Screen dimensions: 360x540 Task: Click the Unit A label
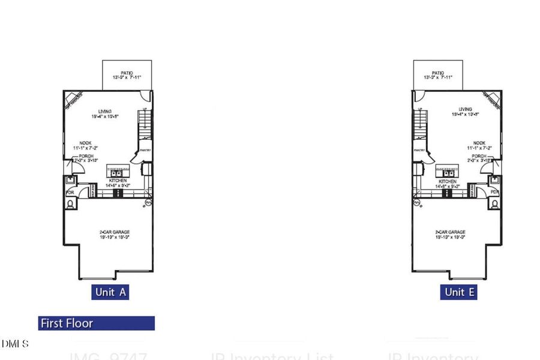tap(111, 292)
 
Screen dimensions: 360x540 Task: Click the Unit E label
tap(459, 292)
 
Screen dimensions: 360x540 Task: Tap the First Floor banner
tap(96, 323)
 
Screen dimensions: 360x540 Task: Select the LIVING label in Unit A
tap(106, 110)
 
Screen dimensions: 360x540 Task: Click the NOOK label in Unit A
tap(85, 143)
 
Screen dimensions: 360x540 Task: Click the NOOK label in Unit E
tap(479, 143)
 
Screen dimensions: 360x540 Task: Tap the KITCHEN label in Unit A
tap(117, 181)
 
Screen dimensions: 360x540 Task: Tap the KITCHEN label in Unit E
tap(447, 181)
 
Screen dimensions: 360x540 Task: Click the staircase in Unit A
tap(144, 125)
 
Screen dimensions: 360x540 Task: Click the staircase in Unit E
tap(420, 125)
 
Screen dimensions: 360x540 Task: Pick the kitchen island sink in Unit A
tap(118, 169)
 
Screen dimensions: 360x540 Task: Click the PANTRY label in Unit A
tap(145, 151)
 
